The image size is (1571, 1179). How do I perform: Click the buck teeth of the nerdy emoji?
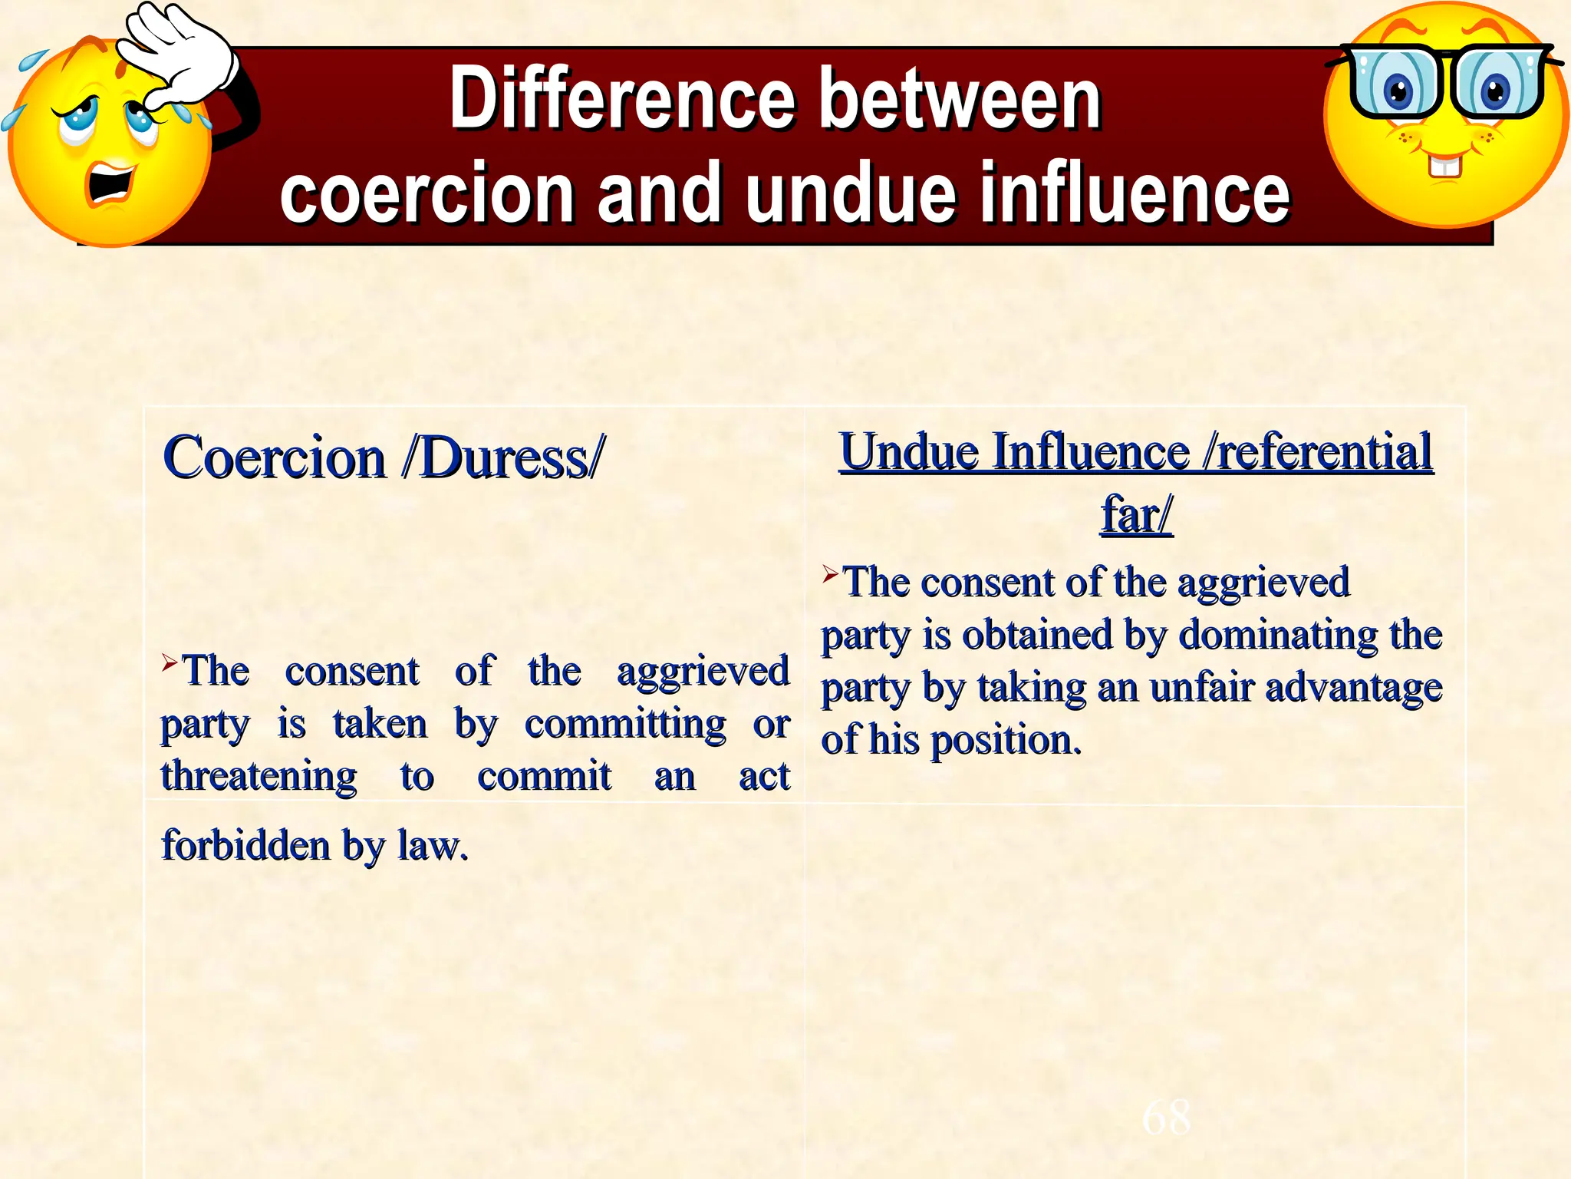coord(1445,165)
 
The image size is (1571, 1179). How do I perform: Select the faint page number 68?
coord(1166,1117)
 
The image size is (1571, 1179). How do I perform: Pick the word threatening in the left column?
coord(259,777)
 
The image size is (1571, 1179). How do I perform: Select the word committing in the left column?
coord(625,725)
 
